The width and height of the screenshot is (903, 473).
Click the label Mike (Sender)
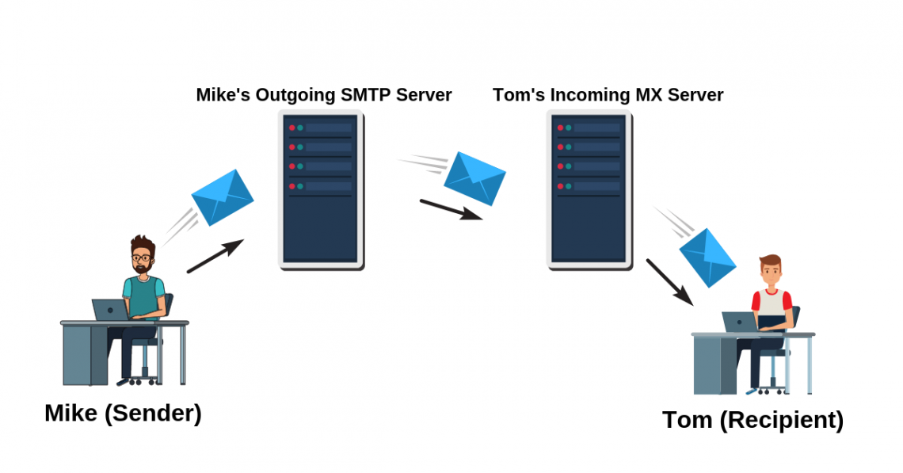click(123, 413)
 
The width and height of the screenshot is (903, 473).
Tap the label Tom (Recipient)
click(752, 419)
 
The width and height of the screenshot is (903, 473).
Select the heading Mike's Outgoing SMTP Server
click(324, 95)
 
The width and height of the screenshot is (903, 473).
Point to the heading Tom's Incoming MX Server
click(608, 95)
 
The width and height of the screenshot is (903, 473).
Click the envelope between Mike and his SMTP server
click(223, 197)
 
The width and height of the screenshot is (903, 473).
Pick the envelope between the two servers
click(474, 177)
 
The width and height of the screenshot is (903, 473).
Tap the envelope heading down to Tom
click(707, 257)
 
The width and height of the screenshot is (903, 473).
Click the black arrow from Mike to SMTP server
click(215, 256)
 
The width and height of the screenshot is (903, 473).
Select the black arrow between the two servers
click(451, 209)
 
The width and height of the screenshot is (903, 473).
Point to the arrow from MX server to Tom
click(669, 282)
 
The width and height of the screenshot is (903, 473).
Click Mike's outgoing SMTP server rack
click(321, 190)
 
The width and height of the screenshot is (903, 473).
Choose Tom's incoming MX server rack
click(589, 190)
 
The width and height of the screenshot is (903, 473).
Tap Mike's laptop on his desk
click(110, 310)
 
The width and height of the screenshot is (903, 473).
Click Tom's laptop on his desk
click(740, 322)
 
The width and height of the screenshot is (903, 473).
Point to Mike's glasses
click(142, 258)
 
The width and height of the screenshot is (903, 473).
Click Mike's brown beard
click(142, 269)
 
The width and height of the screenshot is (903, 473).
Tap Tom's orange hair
click(770, 262)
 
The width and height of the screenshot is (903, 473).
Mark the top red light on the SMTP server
click(291, 128)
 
